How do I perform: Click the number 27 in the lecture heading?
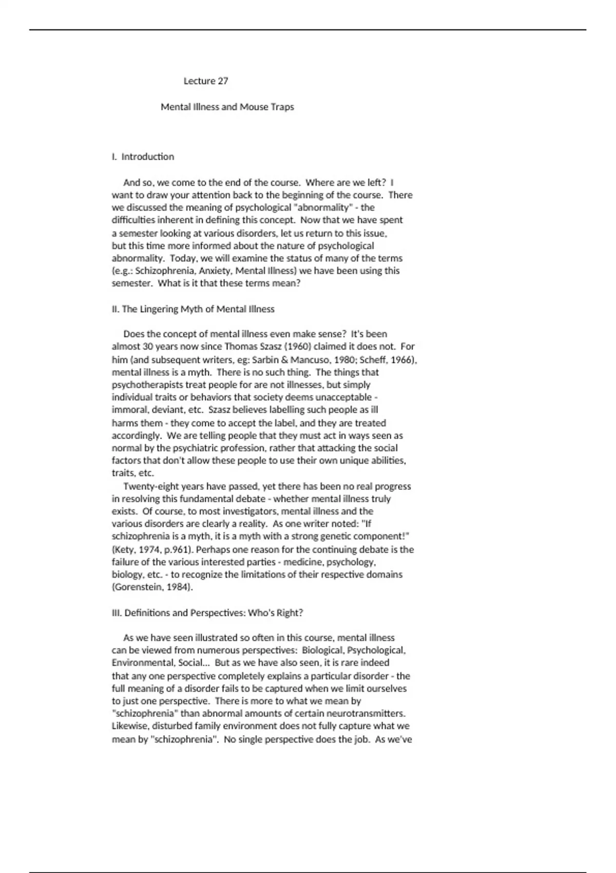[x=223, y=81]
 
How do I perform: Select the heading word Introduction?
[x=148, y=157]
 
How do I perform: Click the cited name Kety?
[x=125, y=549]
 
